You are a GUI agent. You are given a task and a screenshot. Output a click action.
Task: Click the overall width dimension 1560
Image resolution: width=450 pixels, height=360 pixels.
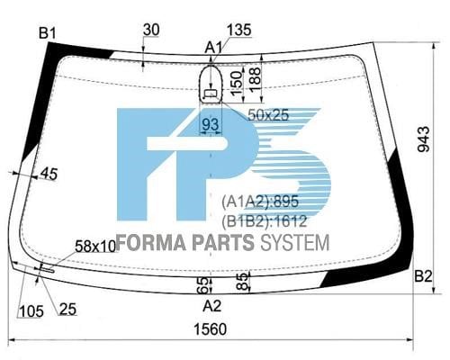click(211, 329)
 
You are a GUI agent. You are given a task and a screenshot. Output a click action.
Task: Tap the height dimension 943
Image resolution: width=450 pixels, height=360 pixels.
click(424, 139)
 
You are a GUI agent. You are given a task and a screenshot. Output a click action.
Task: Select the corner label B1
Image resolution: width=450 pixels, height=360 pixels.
click(48, 33)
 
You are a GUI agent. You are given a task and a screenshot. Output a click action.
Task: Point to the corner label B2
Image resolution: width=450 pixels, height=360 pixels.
click(423, 276)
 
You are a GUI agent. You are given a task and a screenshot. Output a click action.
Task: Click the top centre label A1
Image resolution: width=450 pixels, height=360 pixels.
click(213, 48)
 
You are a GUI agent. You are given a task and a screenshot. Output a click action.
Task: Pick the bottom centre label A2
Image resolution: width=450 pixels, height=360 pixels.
click(212, 306)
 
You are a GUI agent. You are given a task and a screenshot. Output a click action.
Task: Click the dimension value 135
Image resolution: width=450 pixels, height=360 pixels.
click(238, 30)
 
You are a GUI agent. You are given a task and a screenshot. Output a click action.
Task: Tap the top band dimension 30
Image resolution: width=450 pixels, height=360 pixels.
click(151, 30)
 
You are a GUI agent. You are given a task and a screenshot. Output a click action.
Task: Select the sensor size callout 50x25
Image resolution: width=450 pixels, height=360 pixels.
click(268, 114)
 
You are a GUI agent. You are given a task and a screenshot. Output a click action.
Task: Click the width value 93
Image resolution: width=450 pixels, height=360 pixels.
click(211, 124)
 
